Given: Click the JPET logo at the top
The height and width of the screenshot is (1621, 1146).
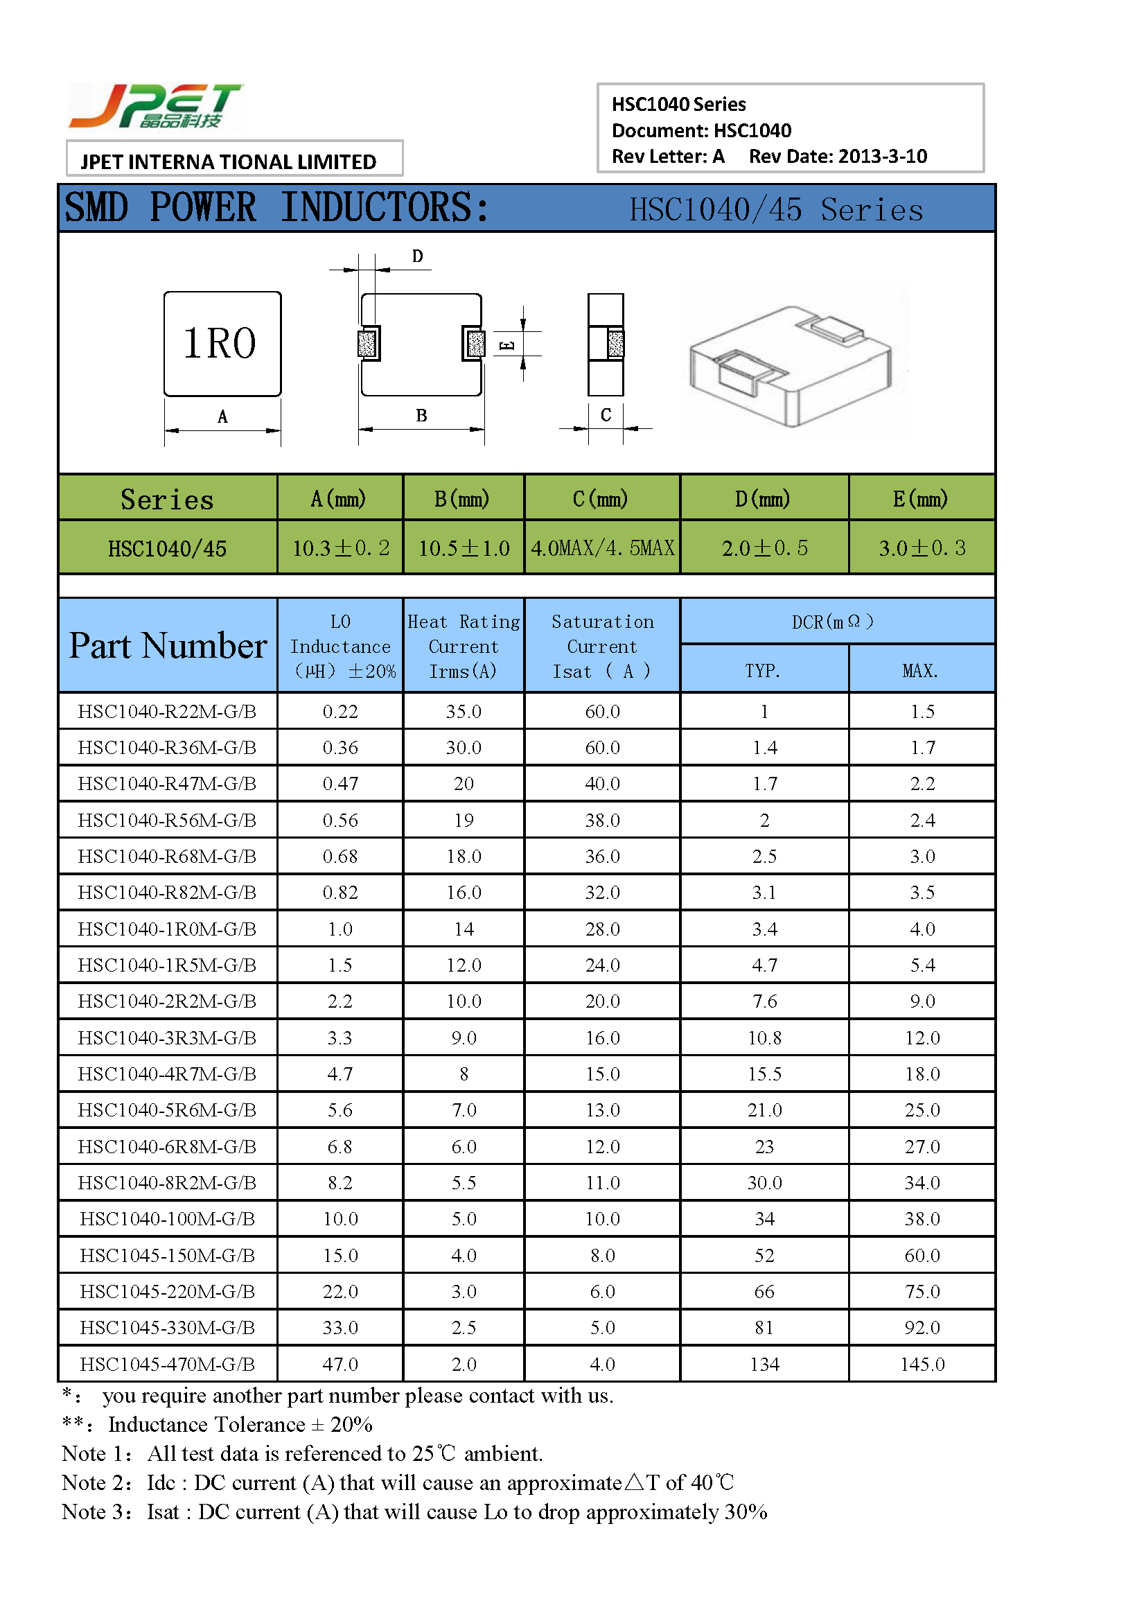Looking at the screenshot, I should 155,106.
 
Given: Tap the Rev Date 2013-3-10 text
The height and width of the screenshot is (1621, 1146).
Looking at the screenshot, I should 838,156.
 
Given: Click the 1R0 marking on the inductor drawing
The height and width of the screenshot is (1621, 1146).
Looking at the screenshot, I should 220,344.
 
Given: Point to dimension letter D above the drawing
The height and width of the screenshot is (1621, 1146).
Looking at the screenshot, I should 418,256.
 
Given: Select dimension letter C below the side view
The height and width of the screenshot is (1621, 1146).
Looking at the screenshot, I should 606,414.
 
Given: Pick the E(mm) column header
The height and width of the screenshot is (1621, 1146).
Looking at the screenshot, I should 921,499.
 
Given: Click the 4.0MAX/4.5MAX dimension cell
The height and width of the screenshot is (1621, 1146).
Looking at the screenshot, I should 603,548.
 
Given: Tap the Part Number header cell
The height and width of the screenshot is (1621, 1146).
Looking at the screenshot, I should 168,645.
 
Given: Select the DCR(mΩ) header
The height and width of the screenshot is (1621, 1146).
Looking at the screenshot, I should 833,622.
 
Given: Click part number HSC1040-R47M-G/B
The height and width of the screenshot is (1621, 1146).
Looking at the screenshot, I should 167,784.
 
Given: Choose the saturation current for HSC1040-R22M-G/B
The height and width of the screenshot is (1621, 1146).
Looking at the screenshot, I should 603,712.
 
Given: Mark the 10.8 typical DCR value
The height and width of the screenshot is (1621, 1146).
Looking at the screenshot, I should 764,1038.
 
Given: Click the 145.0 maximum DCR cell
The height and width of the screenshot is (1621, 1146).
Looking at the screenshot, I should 922,1364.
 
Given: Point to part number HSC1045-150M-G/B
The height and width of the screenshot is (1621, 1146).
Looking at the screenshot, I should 167,1255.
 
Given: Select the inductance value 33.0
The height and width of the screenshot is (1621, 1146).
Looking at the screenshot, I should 340,1327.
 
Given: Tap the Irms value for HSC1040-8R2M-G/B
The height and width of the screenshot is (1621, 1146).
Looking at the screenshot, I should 464,1182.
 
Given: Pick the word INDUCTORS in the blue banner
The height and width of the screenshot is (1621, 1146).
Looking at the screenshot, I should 384,208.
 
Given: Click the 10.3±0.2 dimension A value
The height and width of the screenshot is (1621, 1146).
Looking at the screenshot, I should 341,548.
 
